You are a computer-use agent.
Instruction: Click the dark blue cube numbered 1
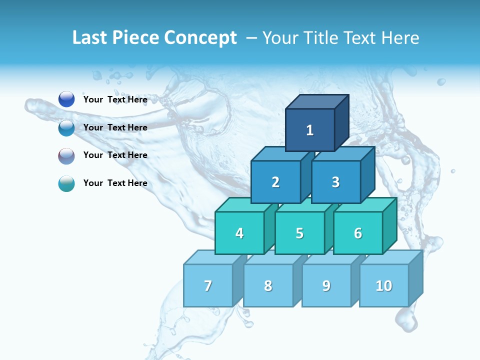pos(310,130)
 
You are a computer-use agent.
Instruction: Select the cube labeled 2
pos(275,182)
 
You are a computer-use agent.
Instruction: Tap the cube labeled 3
pos(335,182)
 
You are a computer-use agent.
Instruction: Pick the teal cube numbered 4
pos(239,233)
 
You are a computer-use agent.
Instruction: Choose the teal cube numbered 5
pos(299,233)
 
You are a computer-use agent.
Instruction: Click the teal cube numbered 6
pos(358,233)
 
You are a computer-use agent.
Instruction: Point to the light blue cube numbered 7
pos(208,285)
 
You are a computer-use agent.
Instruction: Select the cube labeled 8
pos(268,285)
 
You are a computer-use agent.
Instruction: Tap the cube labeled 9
pos(326,285)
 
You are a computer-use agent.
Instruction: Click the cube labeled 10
pos(384,285)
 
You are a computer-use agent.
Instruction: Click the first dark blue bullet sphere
pos(66,99)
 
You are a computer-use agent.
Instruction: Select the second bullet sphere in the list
pos(66,127)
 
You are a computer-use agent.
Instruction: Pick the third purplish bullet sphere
pos(66,155)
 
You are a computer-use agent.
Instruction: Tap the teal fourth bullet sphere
pos(66,183)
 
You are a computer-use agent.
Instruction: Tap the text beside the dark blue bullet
pos(115,99)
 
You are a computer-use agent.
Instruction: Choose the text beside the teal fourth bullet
pos(115,183)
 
